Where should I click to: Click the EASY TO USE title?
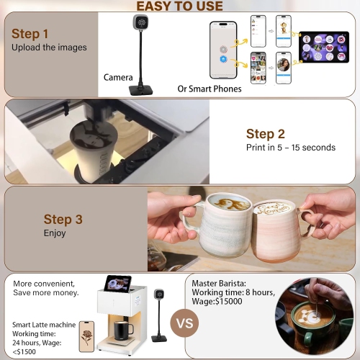point(181,6)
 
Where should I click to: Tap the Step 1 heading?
point(35,34)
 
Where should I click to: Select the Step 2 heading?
point(270,133)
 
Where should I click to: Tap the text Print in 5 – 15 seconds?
point(291,148)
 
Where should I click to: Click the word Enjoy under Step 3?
point(55,233)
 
